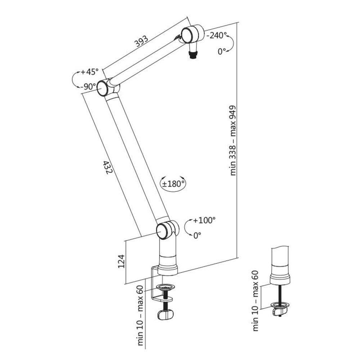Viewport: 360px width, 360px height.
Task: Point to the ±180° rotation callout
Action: pos(173,183)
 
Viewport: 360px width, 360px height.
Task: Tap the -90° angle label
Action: pos(88,87)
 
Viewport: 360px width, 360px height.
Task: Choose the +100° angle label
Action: pos(204,220)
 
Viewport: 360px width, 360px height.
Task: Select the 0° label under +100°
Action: pos(197,236)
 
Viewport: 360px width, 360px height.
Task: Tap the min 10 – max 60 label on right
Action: pos(256,301)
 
